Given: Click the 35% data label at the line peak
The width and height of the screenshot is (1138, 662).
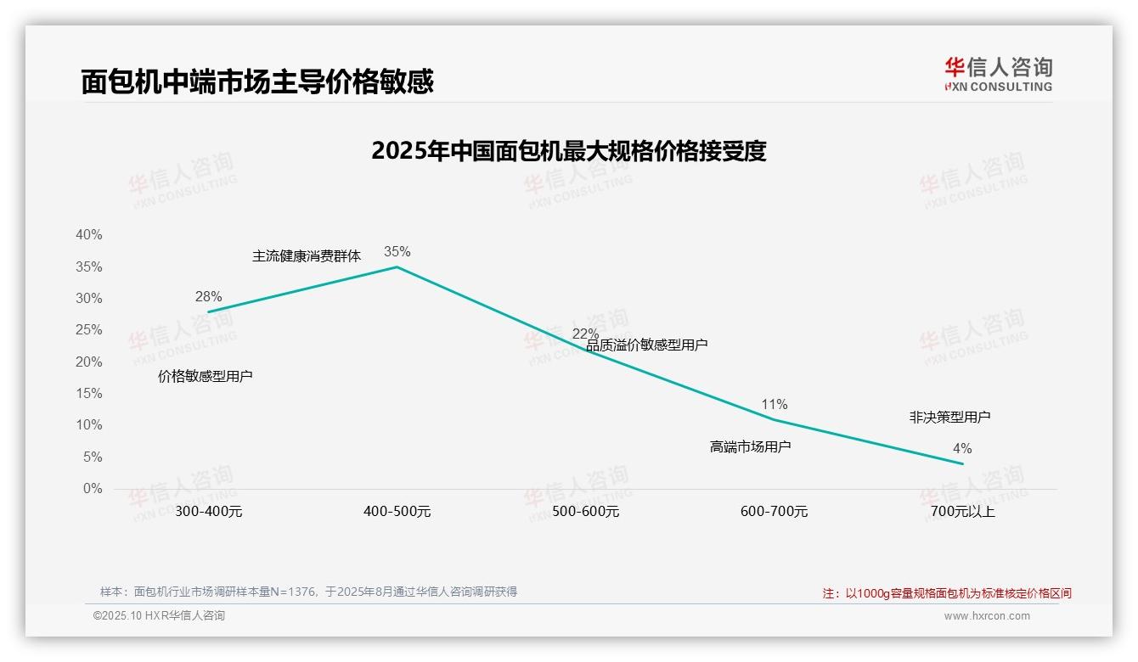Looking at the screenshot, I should click(x=397, y=251).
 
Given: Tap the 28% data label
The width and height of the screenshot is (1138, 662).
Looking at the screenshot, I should click(x=208, y=296).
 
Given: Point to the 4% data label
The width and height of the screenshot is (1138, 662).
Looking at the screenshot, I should click(x=961, y=448).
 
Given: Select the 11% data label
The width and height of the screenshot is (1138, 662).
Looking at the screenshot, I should click(x=774, y=404).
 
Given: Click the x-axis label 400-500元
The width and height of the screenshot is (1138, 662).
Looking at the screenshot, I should click(x=397, y=512).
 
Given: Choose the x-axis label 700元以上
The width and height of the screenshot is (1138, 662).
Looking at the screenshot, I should click(x=962, y=512).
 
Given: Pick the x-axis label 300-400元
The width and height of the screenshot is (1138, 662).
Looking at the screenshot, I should click(x=208, y=512).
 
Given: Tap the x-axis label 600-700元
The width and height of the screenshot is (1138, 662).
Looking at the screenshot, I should click(x=774, y=512).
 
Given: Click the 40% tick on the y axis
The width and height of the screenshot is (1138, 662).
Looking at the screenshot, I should click(x=88, y=235).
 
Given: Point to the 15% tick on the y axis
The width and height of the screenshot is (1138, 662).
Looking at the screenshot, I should click(x=88, y=394).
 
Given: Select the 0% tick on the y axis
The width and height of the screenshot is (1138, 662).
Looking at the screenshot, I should click(x=92, y=489).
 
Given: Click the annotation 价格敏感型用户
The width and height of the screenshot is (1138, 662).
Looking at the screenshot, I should click(x=205, y=376).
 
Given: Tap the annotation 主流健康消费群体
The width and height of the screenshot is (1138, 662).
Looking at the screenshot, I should click(x=306, y=255).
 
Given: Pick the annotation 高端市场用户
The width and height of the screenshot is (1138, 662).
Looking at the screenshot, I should click(x=750, y=446).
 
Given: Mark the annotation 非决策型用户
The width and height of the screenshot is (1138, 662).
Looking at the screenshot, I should click(x=949, y=417).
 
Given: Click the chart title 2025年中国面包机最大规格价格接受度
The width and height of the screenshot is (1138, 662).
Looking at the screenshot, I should click(x=568, y=151).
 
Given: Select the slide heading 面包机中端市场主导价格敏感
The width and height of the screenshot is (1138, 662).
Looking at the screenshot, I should click(x=257, y=81).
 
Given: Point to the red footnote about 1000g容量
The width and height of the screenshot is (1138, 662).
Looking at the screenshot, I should click(x=947, y=593).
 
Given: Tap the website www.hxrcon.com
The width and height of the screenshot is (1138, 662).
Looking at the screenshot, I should click(x=986, y=616).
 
